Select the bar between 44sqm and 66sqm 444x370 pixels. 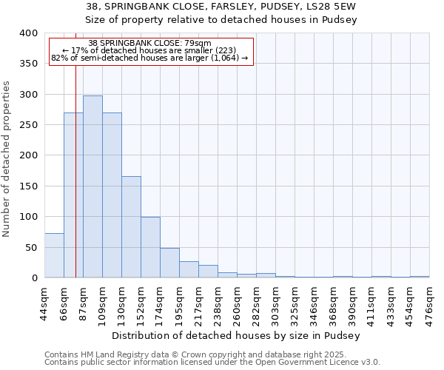(x=54, y=255)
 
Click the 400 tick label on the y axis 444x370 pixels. (x=28, y=33)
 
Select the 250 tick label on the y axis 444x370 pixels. (x=28, y=125)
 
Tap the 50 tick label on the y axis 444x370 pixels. (x=31, y=247)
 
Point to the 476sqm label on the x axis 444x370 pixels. (x=429, y=302)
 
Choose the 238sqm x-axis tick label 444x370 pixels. (x=218, y=302)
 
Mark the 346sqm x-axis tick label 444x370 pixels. (x=314, y=302)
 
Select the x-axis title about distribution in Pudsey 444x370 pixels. (x=237, y=335)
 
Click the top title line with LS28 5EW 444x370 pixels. (x=237, y=7)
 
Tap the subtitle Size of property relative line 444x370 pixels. (x=237, y=20)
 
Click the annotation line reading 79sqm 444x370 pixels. (x=150, y=43)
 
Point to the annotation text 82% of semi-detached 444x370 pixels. (x=150, y=58)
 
